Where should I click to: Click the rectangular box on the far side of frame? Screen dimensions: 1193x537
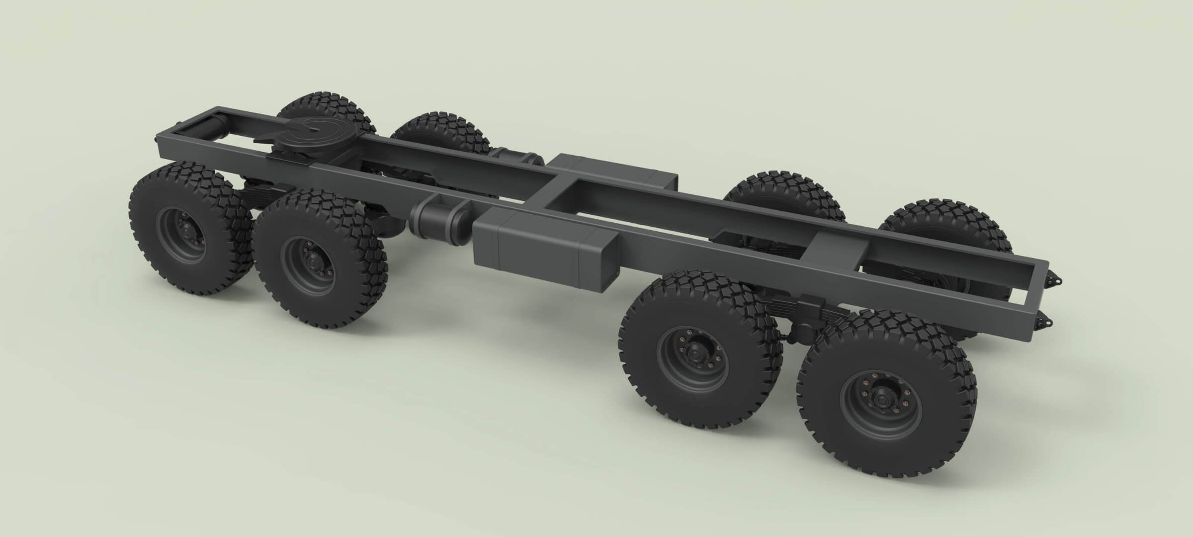[616, 172]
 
